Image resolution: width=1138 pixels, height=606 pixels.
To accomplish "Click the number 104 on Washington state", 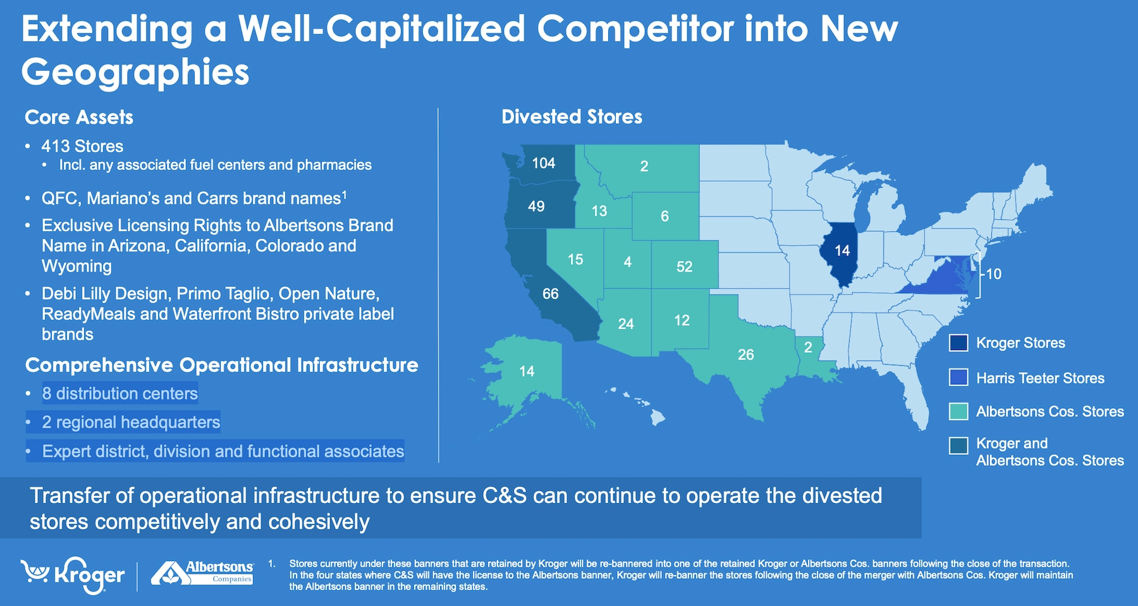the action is pos(543,163).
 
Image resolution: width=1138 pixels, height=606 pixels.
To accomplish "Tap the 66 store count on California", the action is pos(550,294).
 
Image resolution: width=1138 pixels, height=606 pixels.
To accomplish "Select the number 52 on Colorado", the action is pos(684,267).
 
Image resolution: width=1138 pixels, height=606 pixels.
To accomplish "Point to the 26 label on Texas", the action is pos(745,355).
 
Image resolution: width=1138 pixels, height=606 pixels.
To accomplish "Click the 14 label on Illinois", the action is pos(841,251).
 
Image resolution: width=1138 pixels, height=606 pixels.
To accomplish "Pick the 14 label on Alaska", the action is pos(527,372).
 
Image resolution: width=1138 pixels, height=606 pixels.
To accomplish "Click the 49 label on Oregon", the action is pos(536,207).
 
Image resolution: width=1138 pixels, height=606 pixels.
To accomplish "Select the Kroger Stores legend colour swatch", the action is pos(958,343).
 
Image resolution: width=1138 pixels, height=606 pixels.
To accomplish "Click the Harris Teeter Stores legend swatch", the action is pos(958,377).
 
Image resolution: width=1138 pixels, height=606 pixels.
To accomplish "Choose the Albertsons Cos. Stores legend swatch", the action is pos(958,411).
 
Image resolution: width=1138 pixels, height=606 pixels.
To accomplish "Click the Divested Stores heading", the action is pos(572,117).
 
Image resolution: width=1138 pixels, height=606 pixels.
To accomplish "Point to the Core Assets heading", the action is pos(79,118).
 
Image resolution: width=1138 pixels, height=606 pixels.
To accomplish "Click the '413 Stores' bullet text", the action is pos(82,146).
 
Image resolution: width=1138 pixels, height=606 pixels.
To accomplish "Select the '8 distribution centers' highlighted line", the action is pos(120,394).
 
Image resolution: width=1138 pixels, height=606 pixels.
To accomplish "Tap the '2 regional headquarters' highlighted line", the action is pos(131,422).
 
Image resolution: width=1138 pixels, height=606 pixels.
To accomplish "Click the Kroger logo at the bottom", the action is pos(73,575).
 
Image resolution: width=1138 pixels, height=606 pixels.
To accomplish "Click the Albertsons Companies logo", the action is pos(202,573).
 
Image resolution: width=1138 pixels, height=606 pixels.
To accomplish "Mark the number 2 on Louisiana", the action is pos(808,347).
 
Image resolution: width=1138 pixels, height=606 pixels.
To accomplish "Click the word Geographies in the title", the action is pos(135,73).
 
